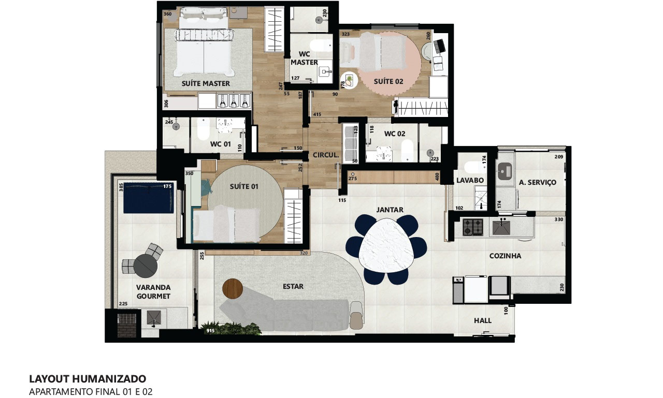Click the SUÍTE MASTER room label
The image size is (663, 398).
click(x=206, y=83)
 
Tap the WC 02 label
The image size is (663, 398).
click(x=395, y=134)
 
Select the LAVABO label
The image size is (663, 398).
click(x=470, y=180)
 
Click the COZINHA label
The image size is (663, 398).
click(x=505, y=256)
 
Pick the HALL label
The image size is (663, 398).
click(x=483, y=320)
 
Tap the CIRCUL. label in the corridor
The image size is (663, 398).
click(x=326, y=155)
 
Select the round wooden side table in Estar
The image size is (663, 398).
click(x=233, y=289)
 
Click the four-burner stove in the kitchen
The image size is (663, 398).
click(x=473, y=227)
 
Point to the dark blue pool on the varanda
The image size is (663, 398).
click(x=148, y=198)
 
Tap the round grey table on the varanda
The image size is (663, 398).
click(x=146, y=266)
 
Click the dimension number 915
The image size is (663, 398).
click(x=210, y=331)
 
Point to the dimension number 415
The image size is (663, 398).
click(x=317, y=114)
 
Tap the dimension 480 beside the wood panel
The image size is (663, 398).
click(x=437, y=177)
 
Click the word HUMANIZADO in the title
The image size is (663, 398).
click(x=109, y=379)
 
